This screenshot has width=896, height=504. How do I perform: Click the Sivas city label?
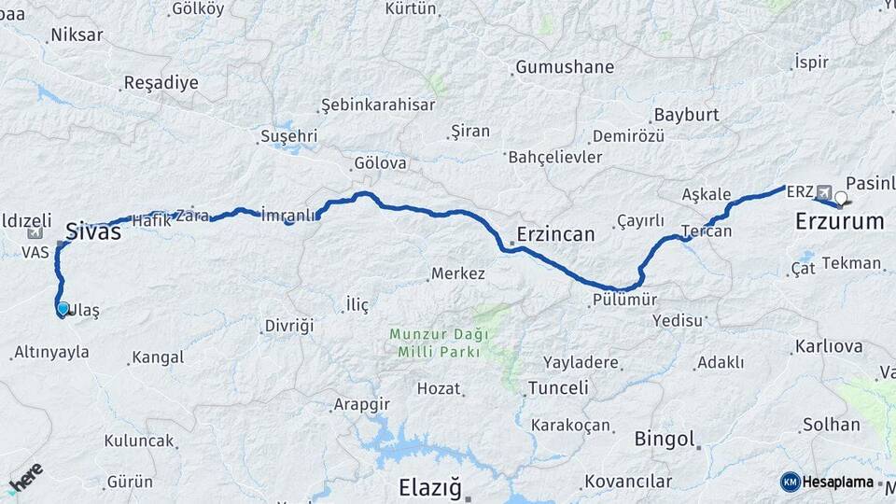[93, 231]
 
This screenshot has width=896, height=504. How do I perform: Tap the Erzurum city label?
[839, 221]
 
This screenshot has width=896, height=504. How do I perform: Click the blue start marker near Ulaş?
[63, 308]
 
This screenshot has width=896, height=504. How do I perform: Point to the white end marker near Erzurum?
[841, 198]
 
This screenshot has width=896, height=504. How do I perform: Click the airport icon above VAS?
[35, 233]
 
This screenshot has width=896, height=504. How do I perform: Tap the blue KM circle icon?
[791, 482]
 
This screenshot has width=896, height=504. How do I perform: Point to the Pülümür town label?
[625, 301]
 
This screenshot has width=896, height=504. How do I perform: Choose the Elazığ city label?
[430, 487]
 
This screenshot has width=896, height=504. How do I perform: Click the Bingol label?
[665, 439]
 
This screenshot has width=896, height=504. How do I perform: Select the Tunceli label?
[558, 387]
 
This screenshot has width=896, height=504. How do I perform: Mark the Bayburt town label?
[687, 115]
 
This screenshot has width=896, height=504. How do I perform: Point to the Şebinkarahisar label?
[378, 105]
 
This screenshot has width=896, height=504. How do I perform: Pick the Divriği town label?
[288, 326]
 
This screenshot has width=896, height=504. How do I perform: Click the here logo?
[25, 477]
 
